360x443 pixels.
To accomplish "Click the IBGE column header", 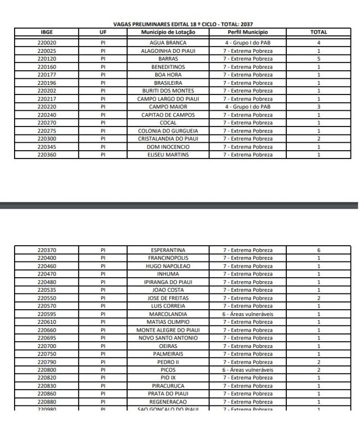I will pos(47,32).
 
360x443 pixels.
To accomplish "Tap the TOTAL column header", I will pos(318,32).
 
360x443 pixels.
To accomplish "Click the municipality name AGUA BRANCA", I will pos(168,43).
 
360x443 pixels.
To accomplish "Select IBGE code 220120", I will pos(47,58).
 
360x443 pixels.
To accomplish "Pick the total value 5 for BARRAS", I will pos(318,58).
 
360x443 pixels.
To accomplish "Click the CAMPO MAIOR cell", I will pos(168,106).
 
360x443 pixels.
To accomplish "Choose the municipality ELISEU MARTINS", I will pos(168,155).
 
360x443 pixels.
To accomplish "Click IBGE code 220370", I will pos(47,250).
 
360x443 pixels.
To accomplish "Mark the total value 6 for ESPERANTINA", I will pos(318,250).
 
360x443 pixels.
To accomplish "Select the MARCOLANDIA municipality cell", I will pos(168,314).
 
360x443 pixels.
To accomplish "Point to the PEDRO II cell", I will pos(168,362).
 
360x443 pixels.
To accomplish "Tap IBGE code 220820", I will pos(47,378).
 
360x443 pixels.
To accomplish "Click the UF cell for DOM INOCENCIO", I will pos(103,147).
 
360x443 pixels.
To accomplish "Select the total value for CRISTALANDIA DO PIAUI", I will pos(318,138).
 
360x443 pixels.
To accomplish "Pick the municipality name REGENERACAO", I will pos(168,402).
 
